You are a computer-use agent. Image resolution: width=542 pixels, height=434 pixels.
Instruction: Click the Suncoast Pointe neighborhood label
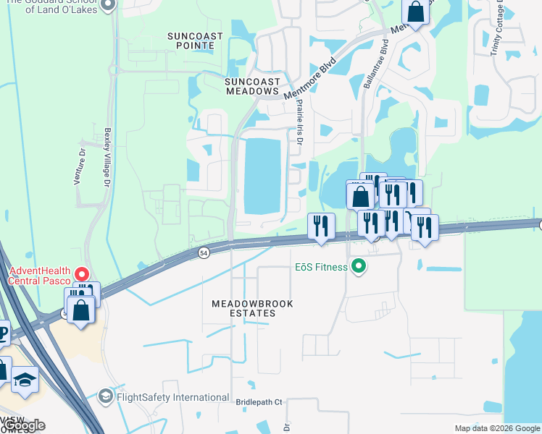tap(191, 40)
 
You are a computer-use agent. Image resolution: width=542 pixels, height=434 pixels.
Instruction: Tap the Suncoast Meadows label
tap(251, 86)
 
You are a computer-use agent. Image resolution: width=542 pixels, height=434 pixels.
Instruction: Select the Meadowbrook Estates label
tap(252, 309)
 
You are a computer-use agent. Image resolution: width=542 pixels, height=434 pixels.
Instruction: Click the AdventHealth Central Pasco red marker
tap(83, 275)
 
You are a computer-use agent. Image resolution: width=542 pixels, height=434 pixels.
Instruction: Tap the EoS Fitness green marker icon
tap(357, 268)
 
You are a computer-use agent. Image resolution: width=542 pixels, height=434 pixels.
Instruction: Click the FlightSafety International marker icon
tap(105, 397)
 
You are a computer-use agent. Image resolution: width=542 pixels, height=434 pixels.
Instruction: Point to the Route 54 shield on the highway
tap(204, 252)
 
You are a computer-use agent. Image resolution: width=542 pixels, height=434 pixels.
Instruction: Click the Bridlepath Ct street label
tap(259, 401)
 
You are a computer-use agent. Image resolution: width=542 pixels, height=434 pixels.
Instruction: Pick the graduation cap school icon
tap(25, 380)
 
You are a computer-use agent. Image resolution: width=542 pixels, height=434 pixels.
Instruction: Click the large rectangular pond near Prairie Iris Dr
tap(262, 176)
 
